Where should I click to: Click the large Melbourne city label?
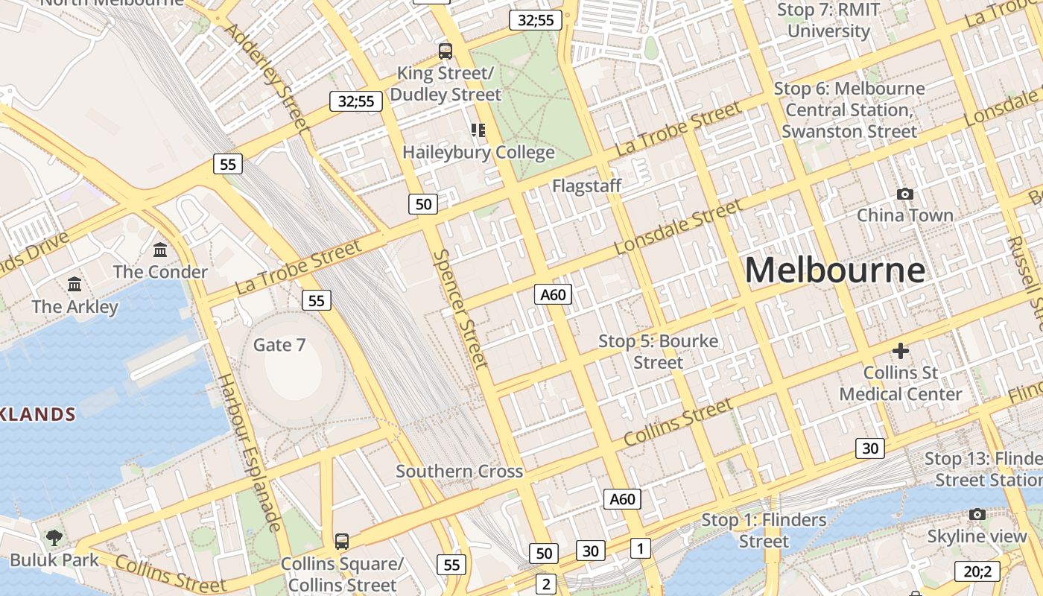(x=835, y=270)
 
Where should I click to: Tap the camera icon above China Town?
(x=905, y=194)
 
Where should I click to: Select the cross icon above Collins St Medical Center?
(x=901, y=350)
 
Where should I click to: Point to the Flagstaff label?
(x=586, y=186)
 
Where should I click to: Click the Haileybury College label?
(x=478, y=153)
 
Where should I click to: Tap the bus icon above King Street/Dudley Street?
(x=446, y=51)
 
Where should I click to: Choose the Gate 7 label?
(x=279, y=345)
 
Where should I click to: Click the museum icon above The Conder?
(x=160, y=250)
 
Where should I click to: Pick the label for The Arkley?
(x=74, y=307)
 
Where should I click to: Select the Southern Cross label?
(x=459, y=472)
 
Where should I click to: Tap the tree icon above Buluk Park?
(x=54, y=537)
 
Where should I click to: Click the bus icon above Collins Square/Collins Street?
(x=342, y=541)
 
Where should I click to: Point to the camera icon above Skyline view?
(x=977, y=514)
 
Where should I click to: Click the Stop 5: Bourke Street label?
(x=659, y=352)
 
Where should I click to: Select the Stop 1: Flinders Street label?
(x=764, y=530)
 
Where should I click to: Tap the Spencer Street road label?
(x=460, y=308)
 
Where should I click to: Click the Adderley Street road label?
(x=266, y=74)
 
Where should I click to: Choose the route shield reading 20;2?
(x=977, y=571)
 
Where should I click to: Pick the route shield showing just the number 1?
(x=640, y=548)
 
